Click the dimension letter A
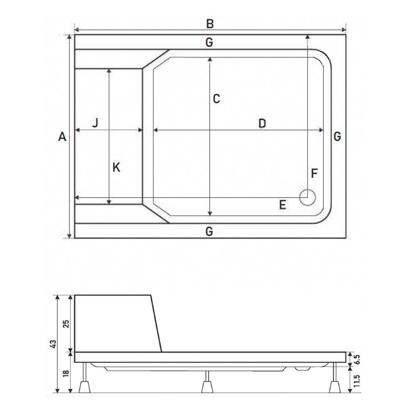[x=62, y=137]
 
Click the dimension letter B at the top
[x=210, y=24]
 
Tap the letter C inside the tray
[x=216, y=99]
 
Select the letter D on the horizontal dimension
[x=262, y=123]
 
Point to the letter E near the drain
[x=282, y=205]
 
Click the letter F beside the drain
[x=314, y=174]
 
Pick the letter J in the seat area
[x=95, y=123]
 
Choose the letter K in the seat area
[x=117, y=168]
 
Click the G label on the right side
[x=337, y=136]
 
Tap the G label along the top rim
[x=209, y=42]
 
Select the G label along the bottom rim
[x=209, y=231]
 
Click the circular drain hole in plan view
[x=308, y=197]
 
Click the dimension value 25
[x=65, y=323]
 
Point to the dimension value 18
[x=65, y=373]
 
